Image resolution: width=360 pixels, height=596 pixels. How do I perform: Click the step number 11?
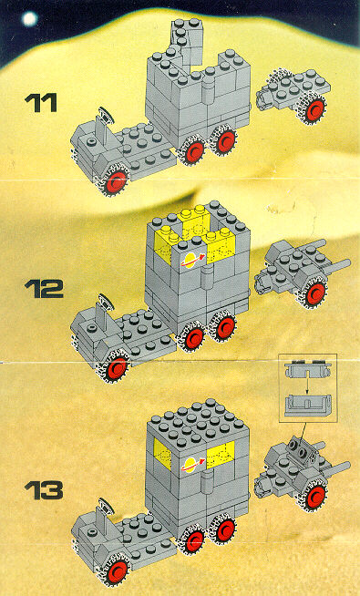pyautogui.click(x=41, y=103)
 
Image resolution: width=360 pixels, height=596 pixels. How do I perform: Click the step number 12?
pyautogui.click(x=44, y=289)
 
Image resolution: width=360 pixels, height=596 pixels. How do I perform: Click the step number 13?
pyautogui.click(x=44, y=490)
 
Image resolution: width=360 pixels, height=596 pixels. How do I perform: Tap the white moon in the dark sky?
pyautogui.click(x=30, y=18)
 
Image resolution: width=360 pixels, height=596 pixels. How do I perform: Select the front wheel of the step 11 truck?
pyautogui.click(x=115, y=181)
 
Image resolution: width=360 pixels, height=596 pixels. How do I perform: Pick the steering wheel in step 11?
pyautogui.click(x=106, y=115)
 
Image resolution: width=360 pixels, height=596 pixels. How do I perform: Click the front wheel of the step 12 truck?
pyautogui.click(x=115, y=367)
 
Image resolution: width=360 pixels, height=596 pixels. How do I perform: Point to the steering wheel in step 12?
pyautogui.click(x=106, y=303)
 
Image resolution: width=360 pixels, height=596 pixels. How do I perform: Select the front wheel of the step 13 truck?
pyautogui.click(x=115, y=570)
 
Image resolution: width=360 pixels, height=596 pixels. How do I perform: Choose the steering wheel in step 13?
pyautogui.click(x=106, y=506)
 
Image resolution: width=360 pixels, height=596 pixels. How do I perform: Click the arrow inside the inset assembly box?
pyautogui.click(x=305, y=385)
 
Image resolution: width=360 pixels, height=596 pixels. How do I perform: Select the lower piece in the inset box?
pyautogui.click(x=308, y=406)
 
